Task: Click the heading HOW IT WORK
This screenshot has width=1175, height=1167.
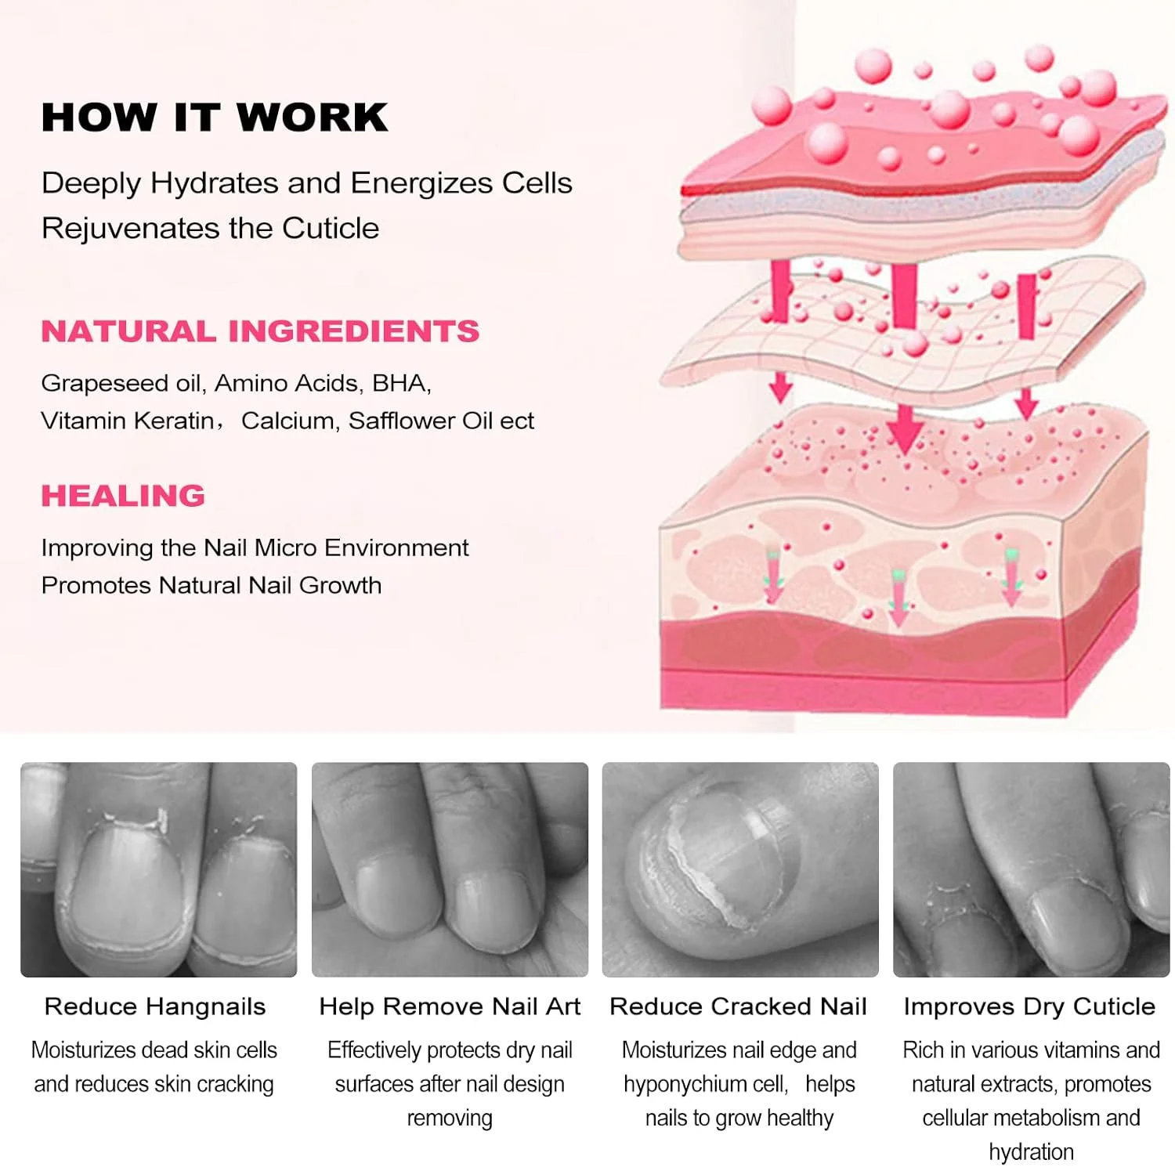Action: click(215, 117)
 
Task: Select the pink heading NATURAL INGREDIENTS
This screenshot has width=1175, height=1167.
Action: click(260, 331)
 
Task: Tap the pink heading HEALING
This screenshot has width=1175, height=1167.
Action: click(123, 496)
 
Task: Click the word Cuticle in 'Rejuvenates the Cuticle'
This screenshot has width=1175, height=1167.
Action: click(331, 228)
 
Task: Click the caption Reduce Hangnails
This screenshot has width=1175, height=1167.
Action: click(155, 1006)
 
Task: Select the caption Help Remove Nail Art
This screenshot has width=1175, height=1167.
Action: click(450, 1006)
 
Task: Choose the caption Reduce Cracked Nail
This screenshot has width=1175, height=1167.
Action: click(738, 1006)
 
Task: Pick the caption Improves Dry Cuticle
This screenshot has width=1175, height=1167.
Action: click(1029, 1006)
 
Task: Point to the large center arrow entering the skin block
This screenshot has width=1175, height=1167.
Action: click(906, 428)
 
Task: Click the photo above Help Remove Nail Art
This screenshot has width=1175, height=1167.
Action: click(450, 869)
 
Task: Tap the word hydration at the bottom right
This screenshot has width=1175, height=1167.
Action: click(1031, 1152)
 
